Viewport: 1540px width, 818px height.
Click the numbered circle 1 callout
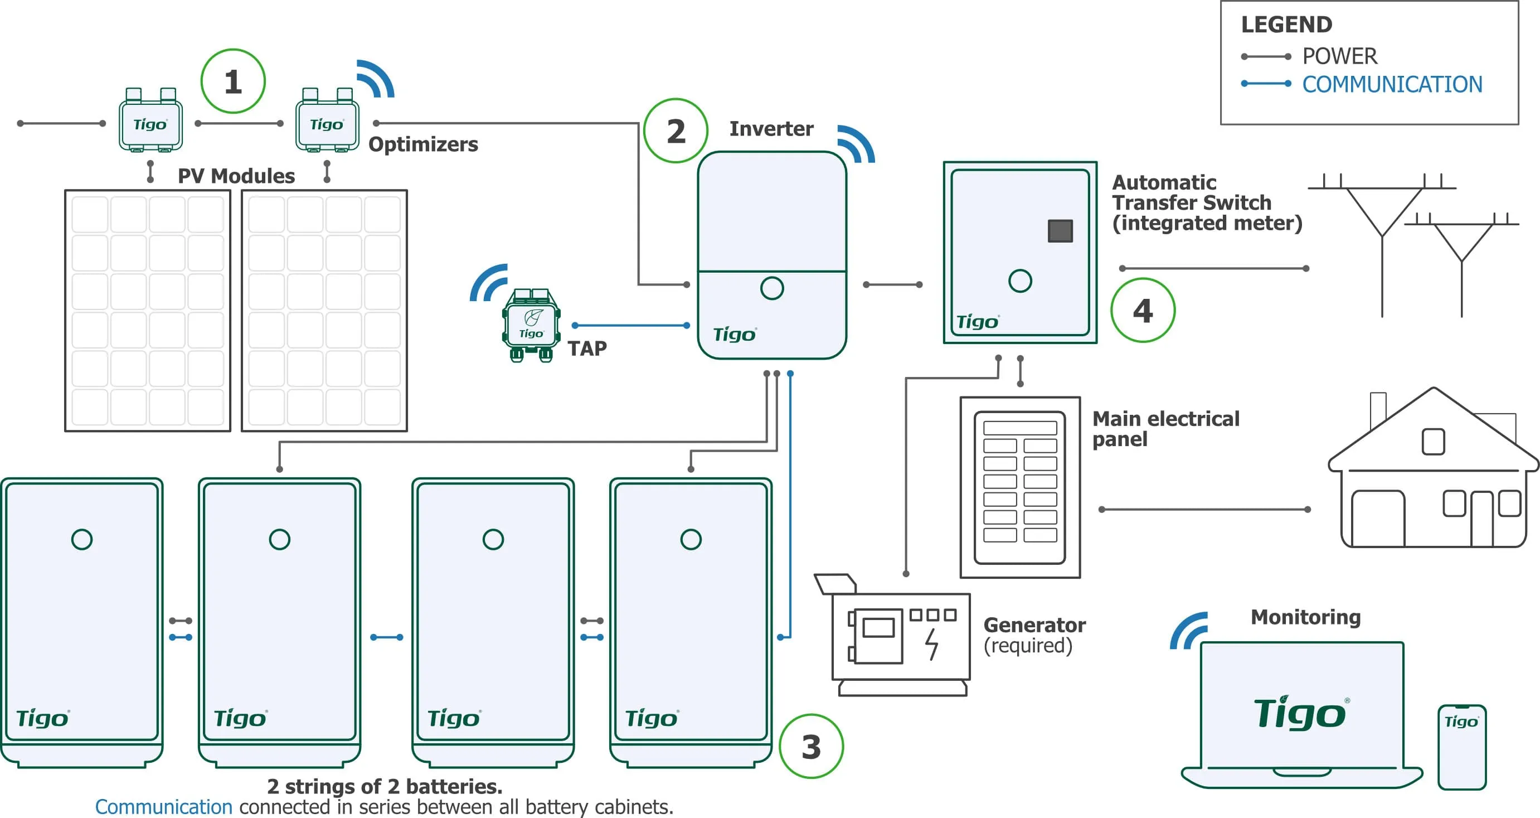pos(232,81)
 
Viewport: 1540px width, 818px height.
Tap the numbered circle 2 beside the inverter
pos(676,131)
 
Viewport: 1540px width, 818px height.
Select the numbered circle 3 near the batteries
pos(812,746)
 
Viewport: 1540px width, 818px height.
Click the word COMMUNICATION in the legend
pos(1392,84)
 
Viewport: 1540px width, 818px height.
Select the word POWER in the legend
pos(1340,56)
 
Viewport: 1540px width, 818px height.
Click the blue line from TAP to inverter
pos(630,325)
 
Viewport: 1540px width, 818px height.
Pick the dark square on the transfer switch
pos(1060,231)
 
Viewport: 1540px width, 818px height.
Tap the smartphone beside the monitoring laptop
pos(1461,747)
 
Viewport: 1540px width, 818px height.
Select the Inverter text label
pos(771,129)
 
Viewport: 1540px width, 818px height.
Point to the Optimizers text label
pos(423,144)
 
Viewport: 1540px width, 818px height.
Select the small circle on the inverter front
pos(772,288)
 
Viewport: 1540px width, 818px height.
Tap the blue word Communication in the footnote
pos(163,807)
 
